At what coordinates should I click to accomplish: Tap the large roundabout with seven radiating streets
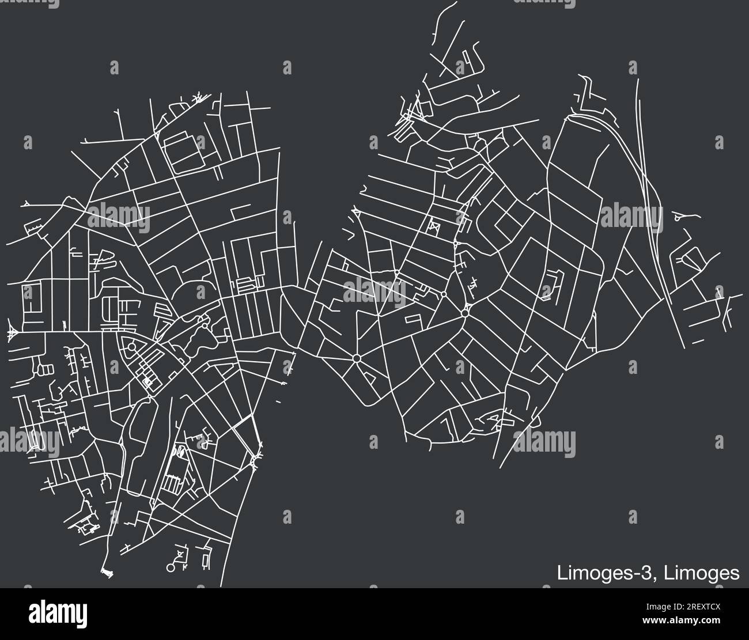pos(357,358)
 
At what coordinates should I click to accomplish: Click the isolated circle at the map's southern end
pos(171,567)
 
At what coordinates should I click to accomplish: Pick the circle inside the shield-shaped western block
pos(132,347)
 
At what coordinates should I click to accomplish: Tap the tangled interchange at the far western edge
pos(12,333)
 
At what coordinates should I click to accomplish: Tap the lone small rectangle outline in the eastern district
pos(413,318)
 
